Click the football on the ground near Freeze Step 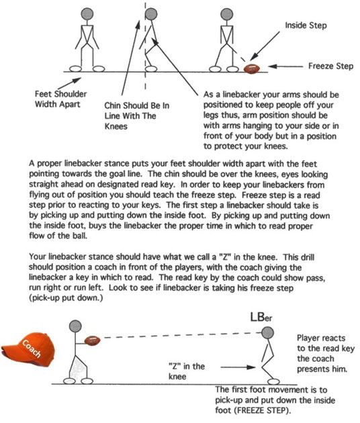[253, 67]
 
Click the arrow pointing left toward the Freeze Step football [287, 67]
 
